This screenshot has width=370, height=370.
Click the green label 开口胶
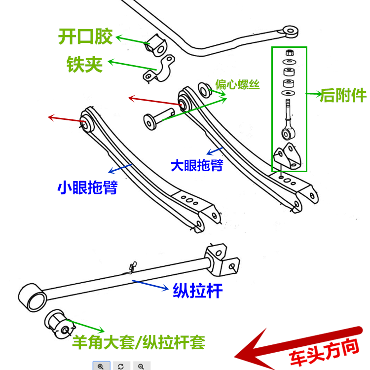click(x=85, y=36)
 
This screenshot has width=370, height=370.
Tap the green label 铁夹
click(x=85, y=64)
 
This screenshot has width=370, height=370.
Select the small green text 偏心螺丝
click(x=237, y=84)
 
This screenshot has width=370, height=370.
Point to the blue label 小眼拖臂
click(x=87, y=187)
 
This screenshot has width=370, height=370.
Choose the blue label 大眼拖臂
click(x=197, y=165)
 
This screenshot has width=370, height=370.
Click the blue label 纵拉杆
click(x=197, y=291)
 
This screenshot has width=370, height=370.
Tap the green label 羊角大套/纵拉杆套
click(x=139, y=342)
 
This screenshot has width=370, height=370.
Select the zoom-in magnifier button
click(x=101, y=366)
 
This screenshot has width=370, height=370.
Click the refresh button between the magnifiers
click(x=121, y=366)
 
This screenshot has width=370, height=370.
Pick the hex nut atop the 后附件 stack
click(x=289, y=52)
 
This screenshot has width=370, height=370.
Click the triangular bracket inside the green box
click(x=289, y=157)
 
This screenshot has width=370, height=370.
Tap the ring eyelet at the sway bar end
click(x=291, y=31)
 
